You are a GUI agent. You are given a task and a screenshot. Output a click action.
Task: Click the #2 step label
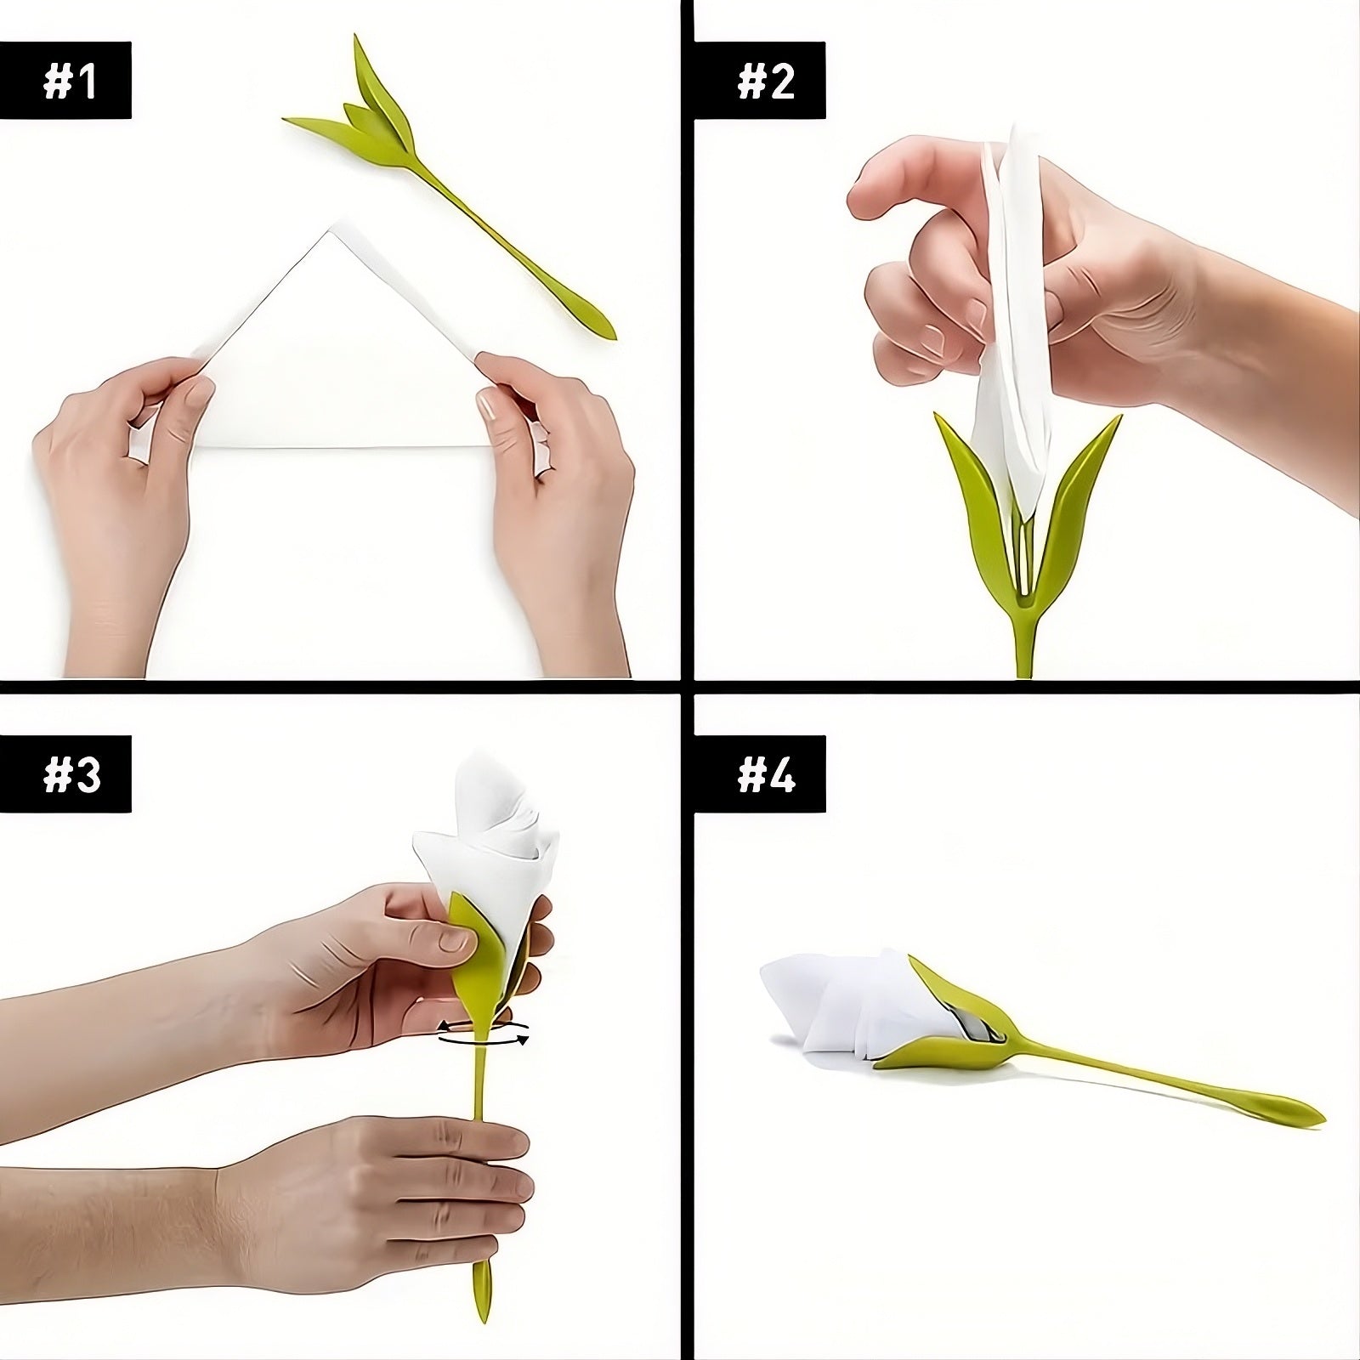[x=764, y=82]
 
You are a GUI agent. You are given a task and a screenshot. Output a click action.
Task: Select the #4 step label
[x=765, y=776]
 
